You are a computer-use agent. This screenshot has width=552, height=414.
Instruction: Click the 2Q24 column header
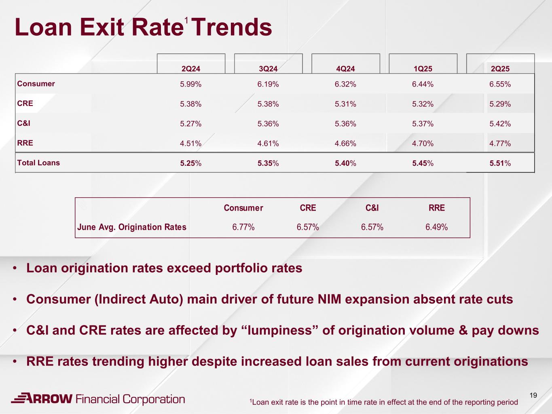[191, 69]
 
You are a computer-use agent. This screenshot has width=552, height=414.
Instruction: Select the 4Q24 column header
[345, 69]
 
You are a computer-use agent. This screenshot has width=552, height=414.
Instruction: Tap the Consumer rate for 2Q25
[500, 84]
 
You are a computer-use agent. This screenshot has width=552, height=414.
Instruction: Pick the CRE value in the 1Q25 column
[423, 104]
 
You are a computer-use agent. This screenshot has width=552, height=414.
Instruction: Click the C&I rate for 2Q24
[191, 124]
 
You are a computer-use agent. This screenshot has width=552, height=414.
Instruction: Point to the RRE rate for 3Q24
[268, 144]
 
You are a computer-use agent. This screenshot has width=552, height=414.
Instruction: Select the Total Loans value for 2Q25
[500, 163]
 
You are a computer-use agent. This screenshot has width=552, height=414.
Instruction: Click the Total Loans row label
[38, 163]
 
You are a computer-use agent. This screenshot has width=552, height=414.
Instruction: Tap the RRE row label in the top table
[25, 143]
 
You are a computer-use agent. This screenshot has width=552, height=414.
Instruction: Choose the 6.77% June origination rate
[243, 227]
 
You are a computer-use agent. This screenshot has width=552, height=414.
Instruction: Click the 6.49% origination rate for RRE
[436, 227]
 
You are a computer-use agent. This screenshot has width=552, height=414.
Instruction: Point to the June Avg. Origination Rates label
[132, 227]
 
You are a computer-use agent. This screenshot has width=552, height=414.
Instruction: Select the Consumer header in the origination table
[243, 208]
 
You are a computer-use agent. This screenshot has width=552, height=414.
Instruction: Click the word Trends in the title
[232, 27]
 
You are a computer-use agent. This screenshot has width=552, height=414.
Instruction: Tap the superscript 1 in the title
[186, 20]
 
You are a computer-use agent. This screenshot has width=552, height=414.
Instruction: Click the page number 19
[533, 395]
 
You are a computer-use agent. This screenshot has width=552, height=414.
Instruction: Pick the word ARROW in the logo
[47, 399]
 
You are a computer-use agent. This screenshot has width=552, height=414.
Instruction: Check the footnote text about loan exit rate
[384, 402]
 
